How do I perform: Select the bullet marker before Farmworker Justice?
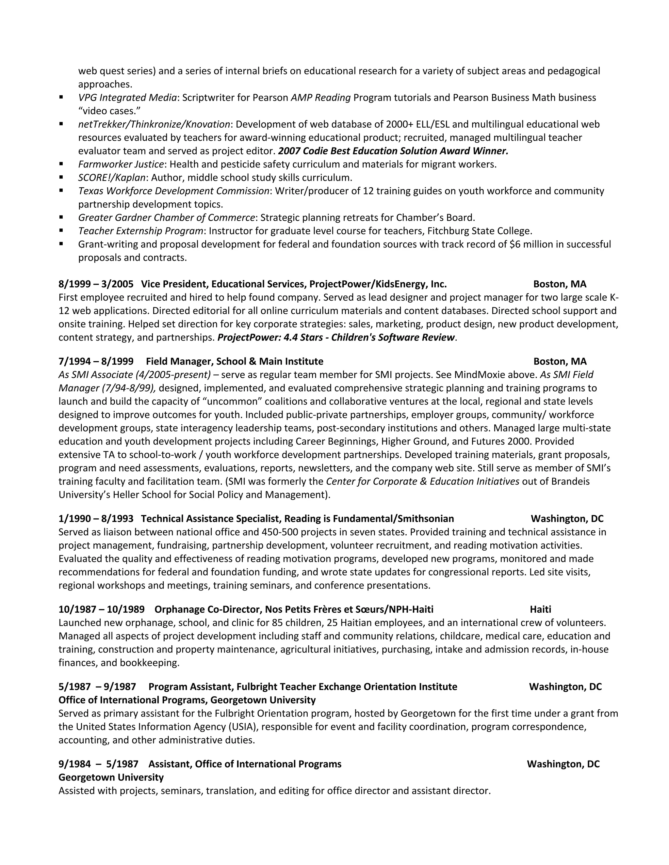pos(61,164)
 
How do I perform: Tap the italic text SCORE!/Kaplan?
pos(112,178)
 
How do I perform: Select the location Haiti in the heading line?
pos(540,609)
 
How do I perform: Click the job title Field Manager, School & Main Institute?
pos(234,361)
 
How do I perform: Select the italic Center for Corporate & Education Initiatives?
pos(422,481)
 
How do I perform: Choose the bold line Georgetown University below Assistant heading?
pos(111,778)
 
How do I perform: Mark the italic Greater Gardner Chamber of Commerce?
pos(167,217)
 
